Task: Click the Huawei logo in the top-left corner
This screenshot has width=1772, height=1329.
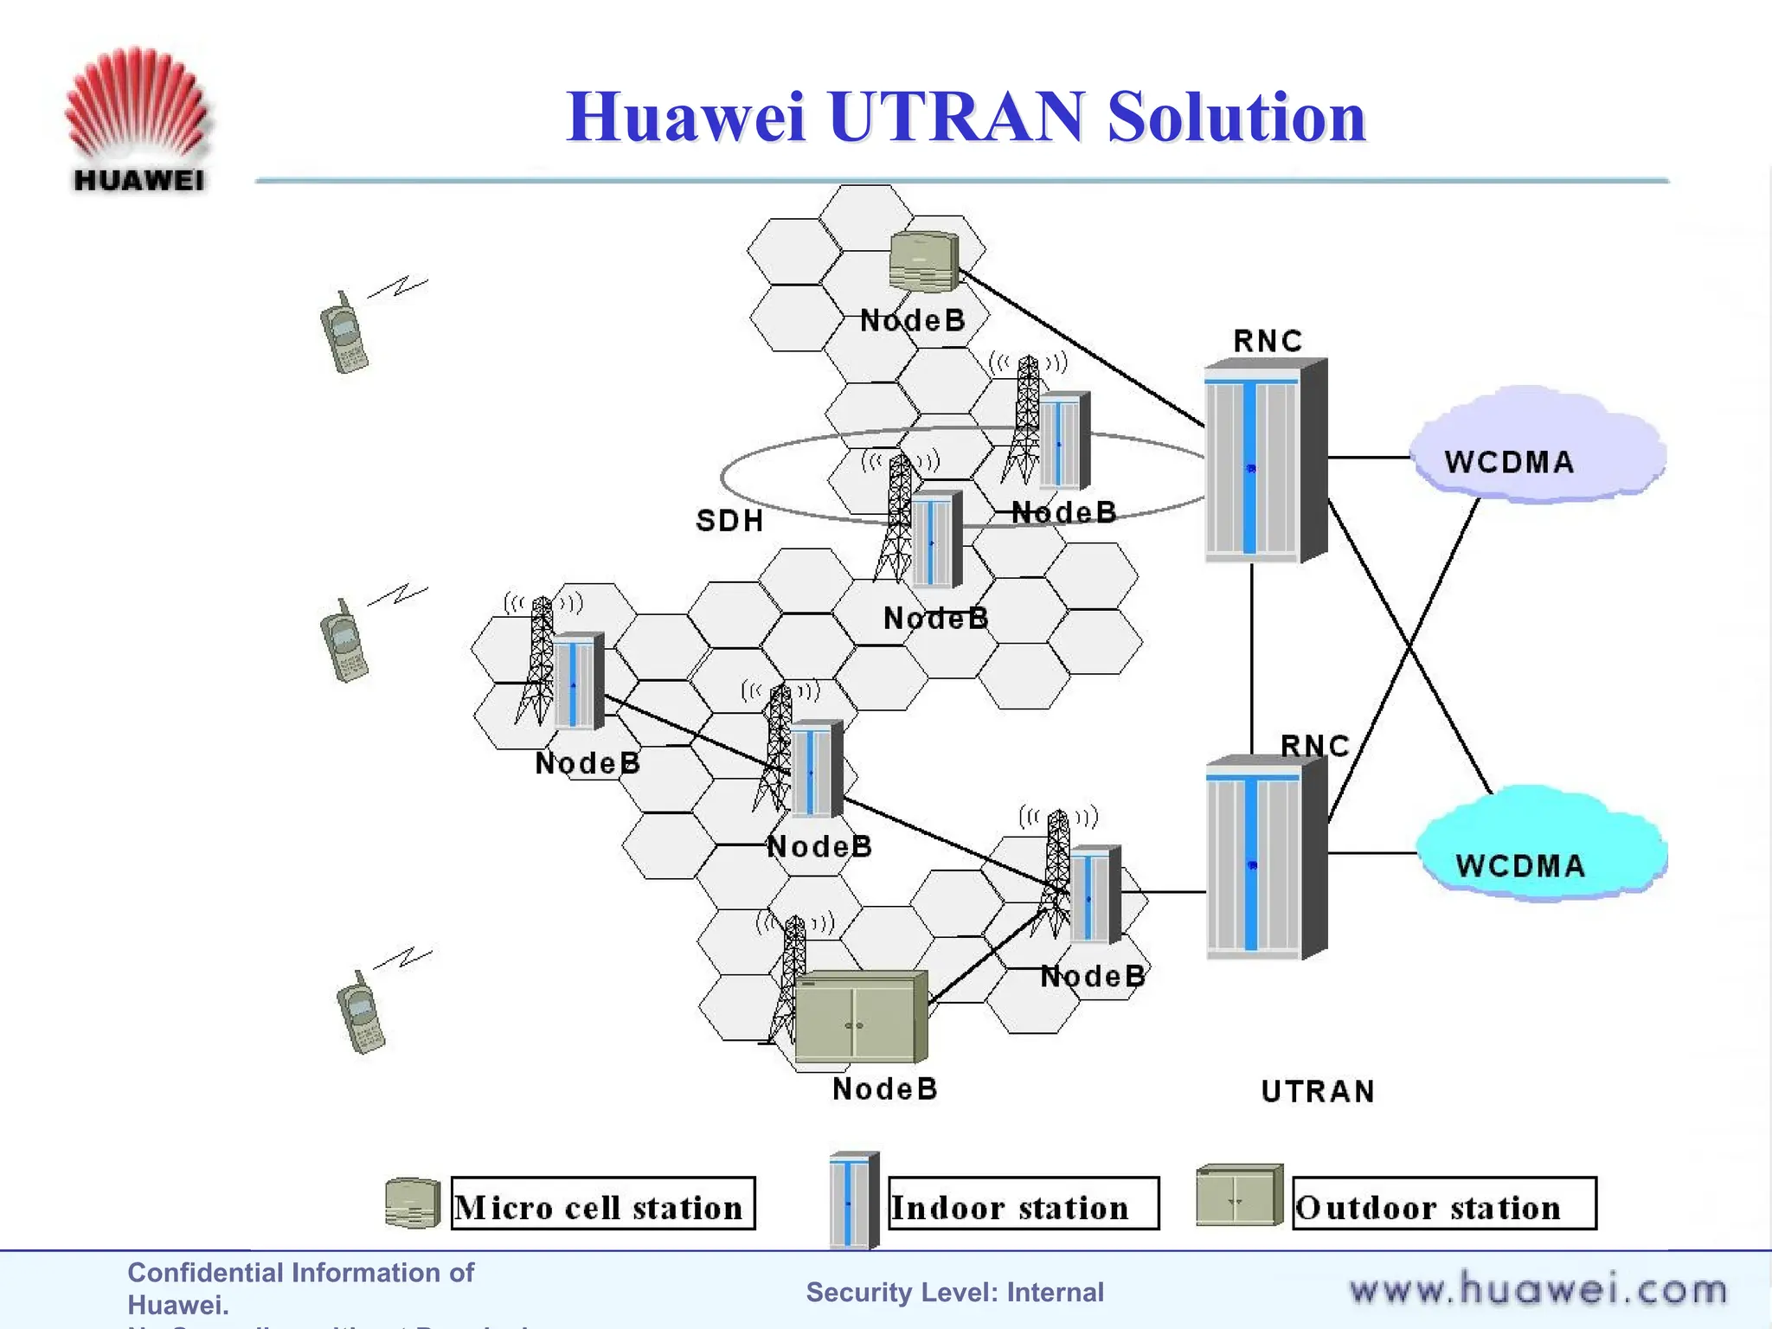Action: pos(137,119)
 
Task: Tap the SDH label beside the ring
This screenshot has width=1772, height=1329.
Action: pos(729,521)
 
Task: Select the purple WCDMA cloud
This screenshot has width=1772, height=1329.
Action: pos(1536,450)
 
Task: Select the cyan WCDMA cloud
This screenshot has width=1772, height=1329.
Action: pos(1540,848)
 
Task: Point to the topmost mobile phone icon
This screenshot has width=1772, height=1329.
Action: pos(343,333)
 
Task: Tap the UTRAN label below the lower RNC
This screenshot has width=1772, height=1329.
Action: pos(1317,1092)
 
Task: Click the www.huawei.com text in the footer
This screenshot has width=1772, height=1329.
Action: pos(1538,1290)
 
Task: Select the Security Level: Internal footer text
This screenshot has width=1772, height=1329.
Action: pos(954,1292)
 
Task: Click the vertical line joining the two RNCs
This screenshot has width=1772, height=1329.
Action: pos(1252,658)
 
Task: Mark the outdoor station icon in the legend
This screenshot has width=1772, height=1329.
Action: pos(1238,1196)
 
